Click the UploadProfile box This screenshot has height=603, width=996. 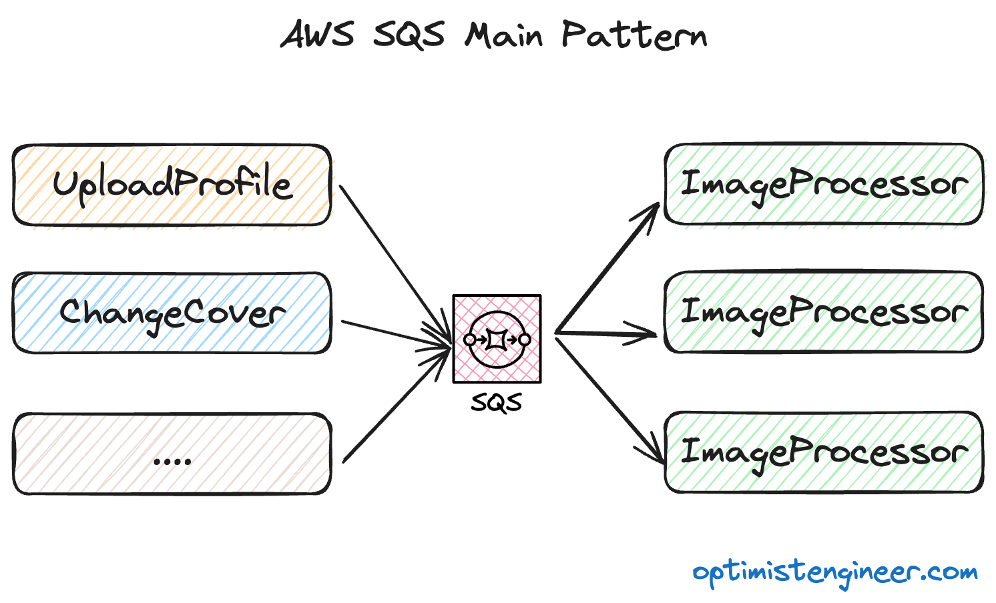[x=172, y=185]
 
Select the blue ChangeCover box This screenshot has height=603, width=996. [x=172, y=313]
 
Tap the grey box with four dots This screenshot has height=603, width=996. [x=172, y=454]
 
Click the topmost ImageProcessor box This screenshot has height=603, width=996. [x=824, y=184]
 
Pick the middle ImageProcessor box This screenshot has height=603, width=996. [x=824, y=312]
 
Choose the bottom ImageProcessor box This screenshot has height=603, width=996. [x=824, y=452]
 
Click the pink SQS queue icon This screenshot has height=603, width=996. [x=497, y=339]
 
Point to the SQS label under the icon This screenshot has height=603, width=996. [x=497, y=403]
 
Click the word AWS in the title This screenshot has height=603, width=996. [x=316, y=34]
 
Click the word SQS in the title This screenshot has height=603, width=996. [x=409, y=35]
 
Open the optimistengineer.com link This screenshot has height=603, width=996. [x=834, y=573]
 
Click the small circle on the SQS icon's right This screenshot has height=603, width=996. [x=525, y=340]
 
